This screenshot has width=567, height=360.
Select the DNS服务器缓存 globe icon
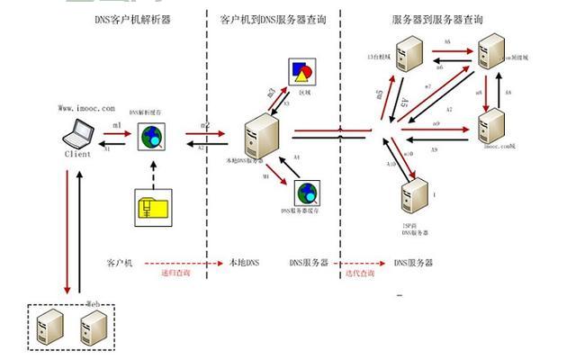pos(308,193)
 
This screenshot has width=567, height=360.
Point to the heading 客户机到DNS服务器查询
pos(273,18)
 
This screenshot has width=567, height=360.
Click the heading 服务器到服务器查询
pos(437,18)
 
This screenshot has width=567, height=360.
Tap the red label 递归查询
pos(175,273)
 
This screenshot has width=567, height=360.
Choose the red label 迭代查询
pos(359,273)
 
